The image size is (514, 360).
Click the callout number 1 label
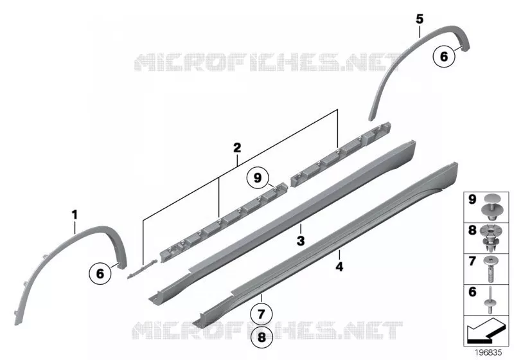point(75,215)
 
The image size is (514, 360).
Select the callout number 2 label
point(237,148)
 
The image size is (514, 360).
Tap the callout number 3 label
point(301,240)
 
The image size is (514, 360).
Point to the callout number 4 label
point(340,267)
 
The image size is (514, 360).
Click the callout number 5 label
point(420,19)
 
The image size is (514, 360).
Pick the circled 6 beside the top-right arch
point(444,57)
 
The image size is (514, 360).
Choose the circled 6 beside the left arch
point(100,273)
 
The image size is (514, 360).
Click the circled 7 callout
point(261,314)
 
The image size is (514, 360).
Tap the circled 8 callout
point(261,337)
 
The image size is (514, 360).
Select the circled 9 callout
point(258,178)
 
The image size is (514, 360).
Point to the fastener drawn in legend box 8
point(491,238)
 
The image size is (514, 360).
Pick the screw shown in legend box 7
point(491,269)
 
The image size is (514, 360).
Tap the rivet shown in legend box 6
point(490,300)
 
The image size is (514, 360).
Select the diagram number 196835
point(488,352)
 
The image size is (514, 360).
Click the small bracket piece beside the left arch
point(142,269)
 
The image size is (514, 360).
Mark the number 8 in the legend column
point(472,230)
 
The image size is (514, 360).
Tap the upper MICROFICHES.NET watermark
point(267,62)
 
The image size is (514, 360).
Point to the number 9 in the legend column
point(472,199)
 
